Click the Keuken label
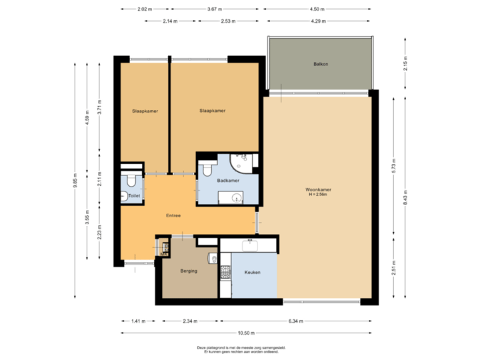click(251, 273)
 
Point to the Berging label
click(189, 271)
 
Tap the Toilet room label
click(134, 196)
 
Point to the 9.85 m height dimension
click(75, 181)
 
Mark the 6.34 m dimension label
click(295, 321)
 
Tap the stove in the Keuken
click(225, 272)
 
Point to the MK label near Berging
click(163, 253)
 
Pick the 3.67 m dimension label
click(215, 9)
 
